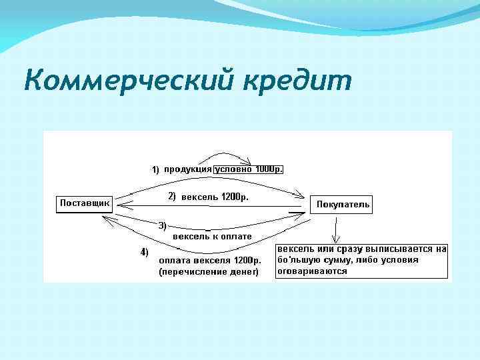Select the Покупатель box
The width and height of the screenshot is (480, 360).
[342, 204]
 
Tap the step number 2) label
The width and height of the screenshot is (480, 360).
[171, 196]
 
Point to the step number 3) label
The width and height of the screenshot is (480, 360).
[162, 225]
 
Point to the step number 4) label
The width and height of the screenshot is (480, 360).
[144, 252]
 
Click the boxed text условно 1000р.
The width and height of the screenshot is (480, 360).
[249, 169]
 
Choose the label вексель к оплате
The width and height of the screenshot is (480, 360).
[212, 237]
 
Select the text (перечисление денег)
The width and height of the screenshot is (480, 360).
[208, 272]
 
